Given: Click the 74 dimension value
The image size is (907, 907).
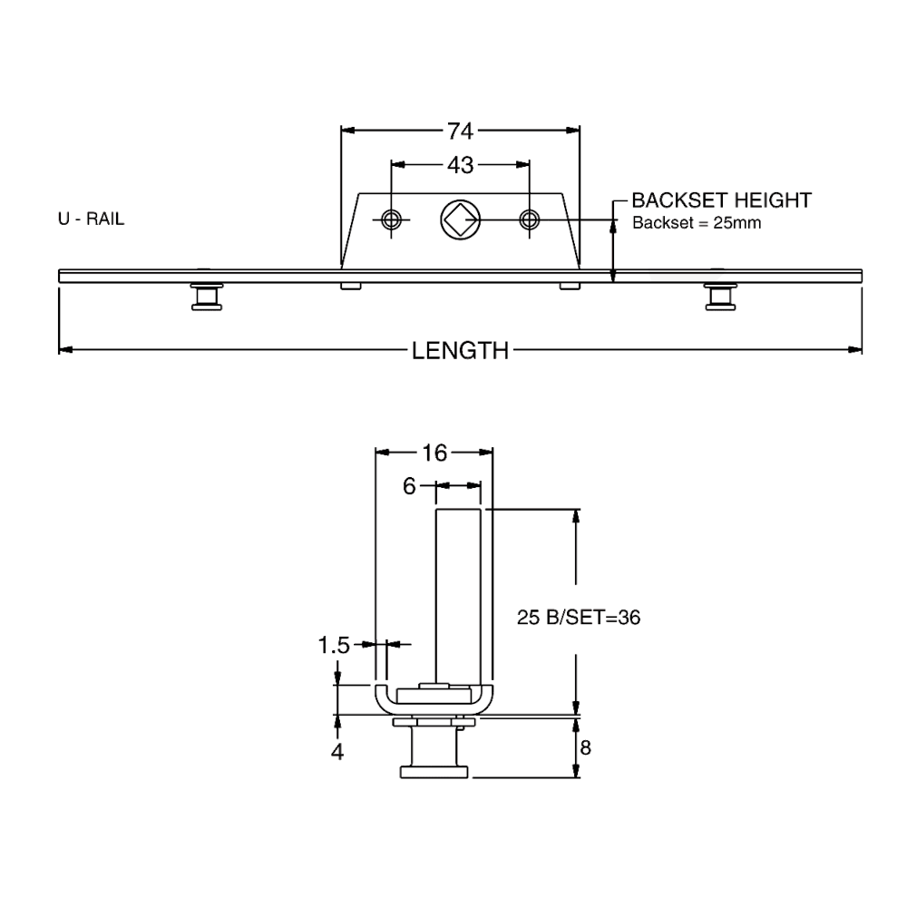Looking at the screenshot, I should pyautogui.click(x=462, y=132).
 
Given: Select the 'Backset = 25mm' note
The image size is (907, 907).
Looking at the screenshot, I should pyautogui.click(x=695, y=223).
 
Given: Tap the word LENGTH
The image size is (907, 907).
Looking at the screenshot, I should pyautogui.click(x=460, y=349).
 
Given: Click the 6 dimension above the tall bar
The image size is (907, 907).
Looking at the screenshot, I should pyautogui.click(x=411, y=486).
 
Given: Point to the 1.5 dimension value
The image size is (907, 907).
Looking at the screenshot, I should pyautogui.click(x=336, y=645).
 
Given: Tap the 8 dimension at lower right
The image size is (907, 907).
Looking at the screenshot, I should pyautogui.click(x=585, y=748).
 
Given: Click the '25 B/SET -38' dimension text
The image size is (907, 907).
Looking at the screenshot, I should pyautogui.click(x=579, y=618).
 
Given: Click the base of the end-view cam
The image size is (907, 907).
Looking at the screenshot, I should pyautogui.click(x=434, y=771).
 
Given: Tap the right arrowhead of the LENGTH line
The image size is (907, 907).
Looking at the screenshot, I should pyautogui.click(x=853, y=349).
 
